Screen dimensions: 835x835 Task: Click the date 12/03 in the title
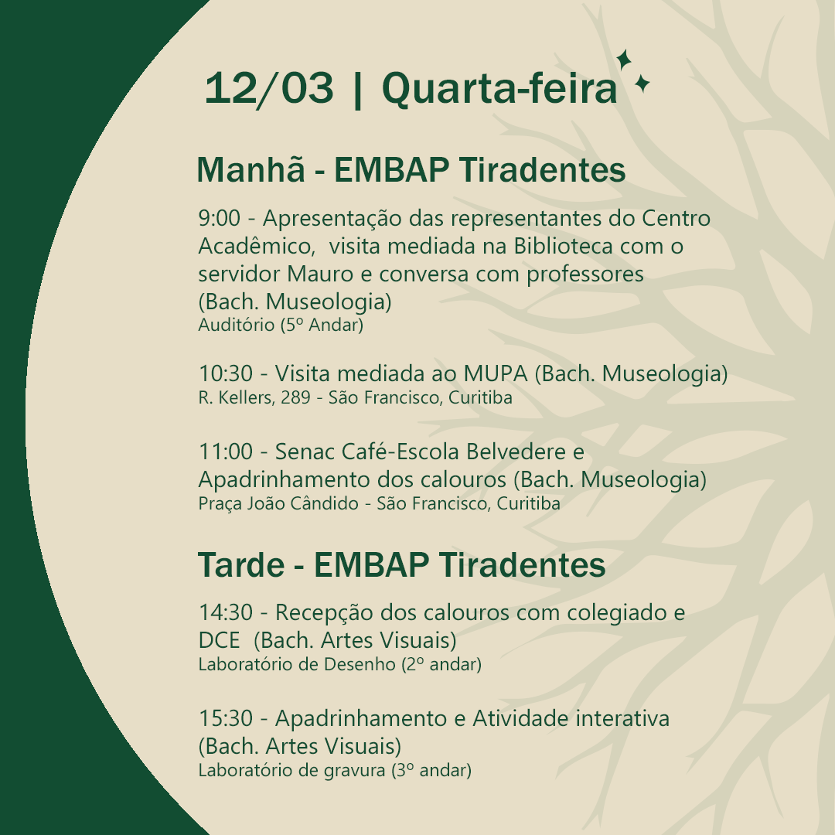tap(270, 88)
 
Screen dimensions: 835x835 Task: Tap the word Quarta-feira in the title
tap(499, 88)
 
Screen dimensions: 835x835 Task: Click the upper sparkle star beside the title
tap(624, 60)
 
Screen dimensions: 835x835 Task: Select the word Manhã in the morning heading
tap(250, 169)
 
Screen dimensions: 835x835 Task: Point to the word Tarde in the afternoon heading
tap(240, 564)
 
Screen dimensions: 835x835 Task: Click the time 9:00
tap(220, 218)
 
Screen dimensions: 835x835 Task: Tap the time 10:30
tap(226, 374)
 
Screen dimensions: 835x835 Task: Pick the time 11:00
tap(226, 452)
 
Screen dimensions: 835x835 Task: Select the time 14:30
tap(226, 613)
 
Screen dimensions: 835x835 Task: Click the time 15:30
tap(226, 719)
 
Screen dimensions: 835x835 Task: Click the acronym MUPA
tap(496, 374)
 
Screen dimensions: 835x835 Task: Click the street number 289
tap(295, 398)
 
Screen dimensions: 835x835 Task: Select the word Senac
tap(305, 452)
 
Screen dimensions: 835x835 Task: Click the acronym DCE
tap(219, 641)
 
